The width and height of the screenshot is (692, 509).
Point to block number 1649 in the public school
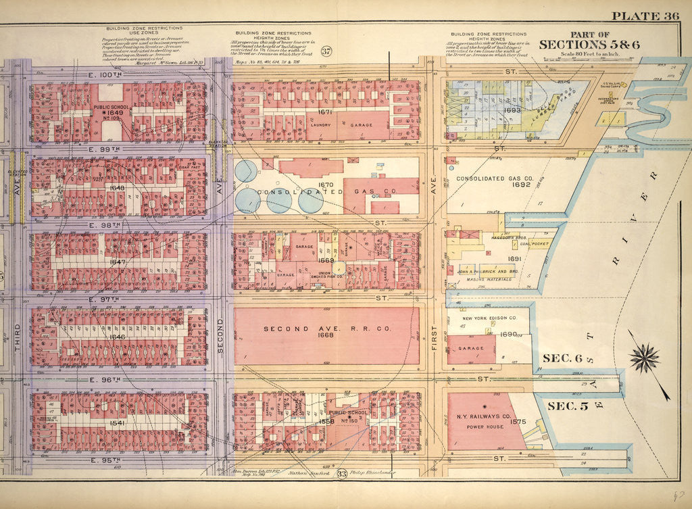tap(107, 113)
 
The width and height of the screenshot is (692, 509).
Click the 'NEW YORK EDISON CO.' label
tap(489, 318)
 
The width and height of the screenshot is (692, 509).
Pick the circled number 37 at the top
tap(327, 51)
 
